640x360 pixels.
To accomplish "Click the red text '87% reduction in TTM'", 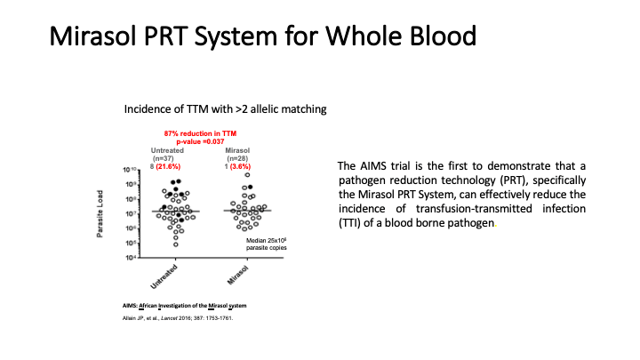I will (206, 132).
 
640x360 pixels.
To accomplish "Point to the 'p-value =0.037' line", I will (206, 140).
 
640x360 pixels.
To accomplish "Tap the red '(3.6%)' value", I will (245, 165).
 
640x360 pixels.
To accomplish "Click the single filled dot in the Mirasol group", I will (250, 188).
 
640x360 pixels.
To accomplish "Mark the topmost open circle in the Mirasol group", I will (248, 175).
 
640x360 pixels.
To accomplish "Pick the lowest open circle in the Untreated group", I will (176, 244).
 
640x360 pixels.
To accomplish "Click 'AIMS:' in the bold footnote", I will (130, 306).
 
